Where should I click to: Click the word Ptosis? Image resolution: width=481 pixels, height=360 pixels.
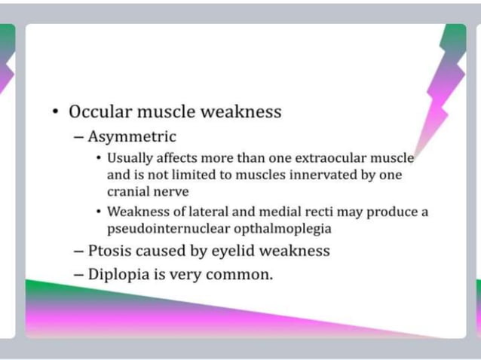click(111, 251)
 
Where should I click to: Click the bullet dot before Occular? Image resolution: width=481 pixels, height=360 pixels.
click(56, 112)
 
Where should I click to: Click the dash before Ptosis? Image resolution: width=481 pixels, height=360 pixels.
click(79, 251)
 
